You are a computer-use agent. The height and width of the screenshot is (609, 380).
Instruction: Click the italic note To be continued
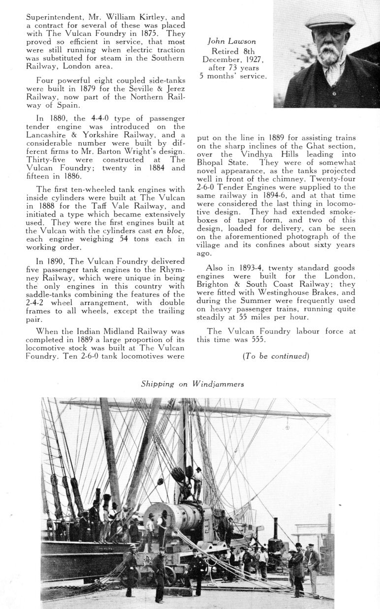coord(276,356)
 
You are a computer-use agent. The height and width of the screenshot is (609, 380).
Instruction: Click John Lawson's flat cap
coord(330,21)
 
